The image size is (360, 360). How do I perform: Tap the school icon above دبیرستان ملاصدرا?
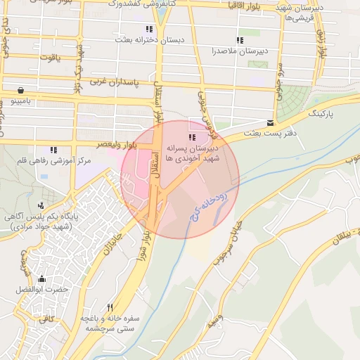pos(240,40)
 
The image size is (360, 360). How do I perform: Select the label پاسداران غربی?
pos(116,82)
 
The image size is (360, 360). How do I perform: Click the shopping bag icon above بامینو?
pos(20,90)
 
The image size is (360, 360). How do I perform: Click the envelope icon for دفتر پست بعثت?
pos(270,122)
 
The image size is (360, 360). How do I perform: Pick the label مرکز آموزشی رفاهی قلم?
pos(56,161)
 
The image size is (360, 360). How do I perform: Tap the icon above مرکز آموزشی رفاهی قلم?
pos(53,149)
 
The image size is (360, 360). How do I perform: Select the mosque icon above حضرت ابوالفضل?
pos(41,278)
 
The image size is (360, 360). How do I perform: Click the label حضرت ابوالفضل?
pos(41,290)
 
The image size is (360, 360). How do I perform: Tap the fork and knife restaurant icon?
pos(110,307)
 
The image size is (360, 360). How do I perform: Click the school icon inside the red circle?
pos(192,136)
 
